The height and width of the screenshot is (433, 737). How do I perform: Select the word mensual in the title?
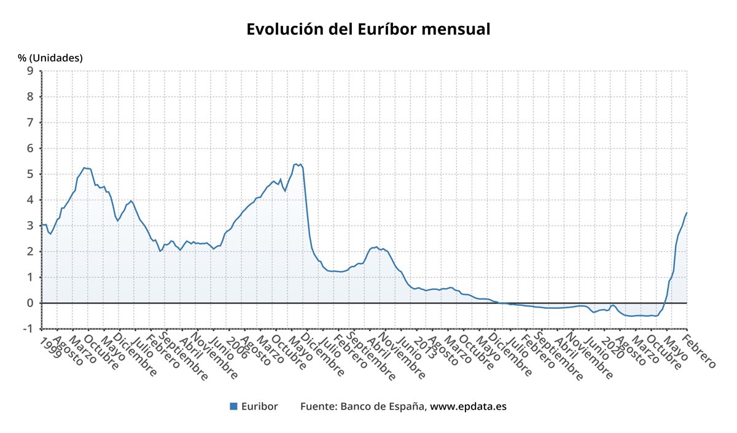[x=458, y=29]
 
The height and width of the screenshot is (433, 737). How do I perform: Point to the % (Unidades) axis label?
[x=50, y=58]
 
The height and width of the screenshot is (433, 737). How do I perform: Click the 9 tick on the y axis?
[x=29, y=71]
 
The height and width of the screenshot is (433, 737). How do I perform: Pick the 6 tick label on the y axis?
[x=29, y=148]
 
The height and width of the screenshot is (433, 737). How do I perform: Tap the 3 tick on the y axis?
[x=29, y=225]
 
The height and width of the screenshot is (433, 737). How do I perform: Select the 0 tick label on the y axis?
[x=29, y=303]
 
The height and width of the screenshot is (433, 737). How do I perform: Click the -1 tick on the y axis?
[x=27, y=329]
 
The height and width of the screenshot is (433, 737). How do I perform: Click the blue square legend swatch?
[x=233, y=406]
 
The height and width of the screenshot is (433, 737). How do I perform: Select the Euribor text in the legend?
[x=259, y=406]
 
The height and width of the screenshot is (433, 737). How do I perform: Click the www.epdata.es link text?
[x=468, y=406]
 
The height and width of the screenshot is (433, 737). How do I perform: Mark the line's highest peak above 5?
[x=296, y=164]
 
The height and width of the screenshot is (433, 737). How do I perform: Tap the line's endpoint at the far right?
[x=686, y=213]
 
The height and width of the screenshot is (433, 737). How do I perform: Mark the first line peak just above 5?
[x=84, y=168]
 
